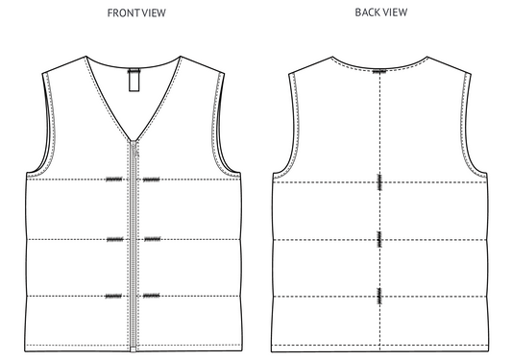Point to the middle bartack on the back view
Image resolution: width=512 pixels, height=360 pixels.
point(380,238)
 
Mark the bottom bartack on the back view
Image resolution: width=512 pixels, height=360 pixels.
point(380,296)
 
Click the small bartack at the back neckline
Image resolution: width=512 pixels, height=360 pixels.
point(380,70)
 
